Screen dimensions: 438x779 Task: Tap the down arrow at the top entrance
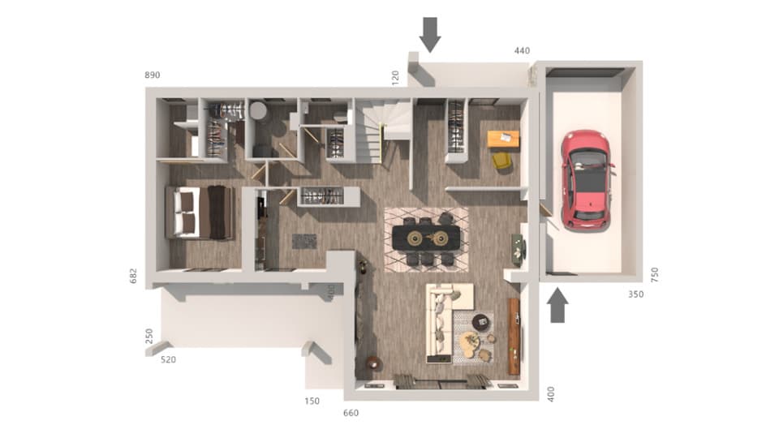(x=430, y=33)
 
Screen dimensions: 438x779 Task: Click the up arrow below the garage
(x=557, y=307)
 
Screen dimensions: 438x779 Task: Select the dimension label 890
(x=153, y=75)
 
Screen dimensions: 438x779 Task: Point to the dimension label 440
(x=522, y=51)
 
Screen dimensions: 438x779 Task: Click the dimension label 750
(x=655, y=274)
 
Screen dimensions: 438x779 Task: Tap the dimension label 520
(x=169, y=359)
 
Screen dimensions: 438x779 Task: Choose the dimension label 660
(x=351, y=414)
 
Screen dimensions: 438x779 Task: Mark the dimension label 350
(x=635, y=294)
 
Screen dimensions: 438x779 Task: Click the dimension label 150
(x=312, y=401)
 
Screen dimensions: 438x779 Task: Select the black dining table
(x=426, y=237)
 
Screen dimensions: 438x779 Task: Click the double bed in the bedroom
(x=199, y=213)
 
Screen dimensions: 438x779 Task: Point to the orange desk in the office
(x=503, y=139)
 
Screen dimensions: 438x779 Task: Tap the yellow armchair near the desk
(x=502, y=161)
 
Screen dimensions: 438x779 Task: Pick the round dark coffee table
(x=482, y=321)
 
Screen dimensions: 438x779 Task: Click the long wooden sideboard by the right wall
(x=514, y=336)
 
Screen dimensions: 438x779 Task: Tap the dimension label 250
(x=148, y=336)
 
